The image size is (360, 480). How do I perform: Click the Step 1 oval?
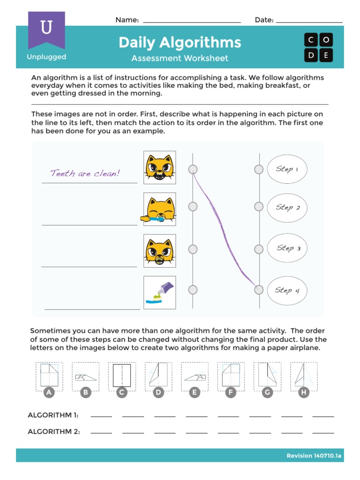[287, 169]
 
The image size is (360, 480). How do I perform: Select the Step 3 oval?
[287, 248]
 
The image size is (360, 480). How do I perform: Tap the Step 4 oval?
[287, 290]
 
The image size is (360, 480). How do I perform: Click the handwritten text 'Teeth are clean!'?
[85, 173]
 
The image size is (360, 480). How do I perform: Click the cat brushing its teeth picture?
[159, 210]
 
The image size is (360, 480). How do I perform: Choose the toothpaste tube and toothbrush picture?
[159, 292]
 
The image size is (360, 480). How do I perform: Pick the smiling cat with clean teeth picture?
[159, 167]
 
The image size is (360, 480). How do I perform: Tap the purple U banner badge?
[46, 30]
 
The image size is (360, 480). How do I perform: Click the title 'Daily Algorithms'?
[180, 43]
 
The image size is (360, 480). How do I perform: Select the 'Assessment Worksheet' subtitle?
[180, 59]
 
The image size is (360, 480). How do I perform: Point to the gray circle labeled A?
[49, 393]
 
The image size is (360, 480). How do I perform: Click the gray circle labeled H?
[304, 393]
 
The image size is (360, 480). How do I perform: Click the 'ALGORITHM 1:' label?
[53, 415]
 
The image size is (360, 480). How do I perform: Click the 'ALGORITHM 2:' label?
[53, 432]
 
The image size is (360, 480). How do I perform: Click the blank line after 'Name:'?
[191, 20]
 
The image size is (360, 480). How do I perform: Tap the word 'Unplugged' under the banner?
[46, 57]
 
